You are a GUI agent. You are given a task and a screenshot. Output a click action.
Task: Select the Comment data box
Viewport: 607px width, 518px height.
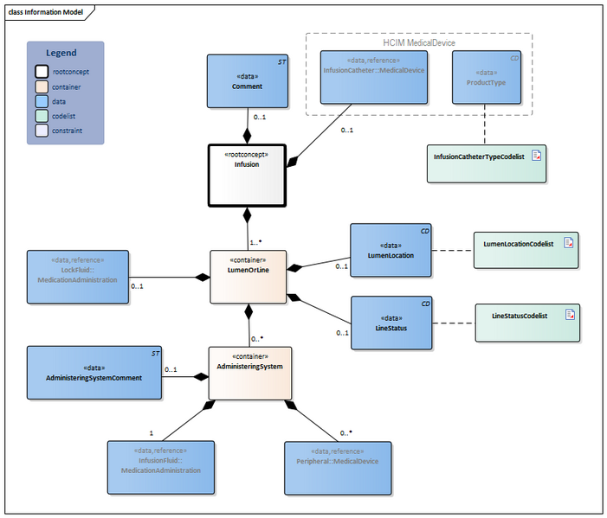point(247,81)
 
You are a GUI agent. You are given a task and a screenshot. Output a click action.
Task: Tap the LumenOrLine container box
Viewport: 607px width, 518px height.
point(249,277)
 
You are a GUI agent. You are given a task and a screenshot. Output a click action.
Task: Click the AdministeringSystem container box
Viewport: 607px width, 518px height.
point(249,373)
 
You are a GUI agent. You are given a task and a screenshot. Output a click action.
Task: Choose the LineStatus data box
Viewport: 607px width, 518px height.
point(390,323)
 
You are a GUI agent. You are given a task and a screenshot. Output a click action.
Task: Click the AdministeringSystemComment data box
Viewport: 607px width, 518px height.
point(94,373)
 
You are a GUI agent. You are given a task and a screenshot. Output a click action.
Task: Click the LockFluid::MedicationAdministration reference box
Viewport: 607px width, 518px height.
point(77,277)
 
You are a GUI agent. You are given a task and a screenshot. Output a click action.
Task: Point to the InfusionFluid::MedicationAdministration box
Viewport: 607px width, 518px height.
point(160,467)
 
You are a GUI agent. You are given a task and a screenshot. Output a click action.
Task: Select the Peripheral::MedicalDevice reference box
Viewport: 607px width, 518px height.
point(338,467)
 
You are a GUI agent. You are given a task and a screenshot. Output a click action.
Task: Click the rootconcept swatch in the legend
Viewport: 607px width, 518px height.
point(42,72)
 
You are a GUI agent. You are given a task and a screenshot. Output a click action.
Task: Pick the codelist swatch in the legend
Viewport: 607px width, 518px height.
point(42,116)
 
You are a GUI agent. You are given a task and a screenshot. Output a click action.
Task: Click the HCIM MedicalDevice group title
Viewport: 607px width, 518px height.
point(419,42)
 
